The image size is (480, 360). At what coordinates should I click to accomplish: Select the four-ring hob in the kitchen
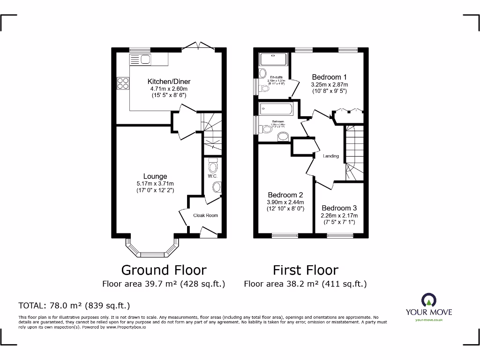(x=123, y=83)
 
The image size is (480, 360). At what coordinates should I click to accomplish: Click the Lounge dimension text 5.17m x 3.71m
(x=155, y=184)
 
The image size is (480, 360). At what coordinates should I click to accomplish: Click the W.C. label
(x=211, y=176)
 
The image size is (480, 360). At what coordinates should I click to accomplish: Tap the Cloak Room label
(x=205, y=216)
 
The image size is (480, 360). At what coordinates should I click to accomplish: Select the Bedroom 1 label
(x=330, y=77)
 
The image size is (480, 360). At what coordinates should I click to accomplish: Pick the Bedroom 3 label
(x=339, y=208)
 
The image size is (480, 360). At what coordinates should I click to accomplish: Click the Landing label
(x=331, y=156)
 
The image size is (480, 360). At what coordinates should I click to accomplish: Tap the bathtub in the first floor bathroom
(x=276, y=109)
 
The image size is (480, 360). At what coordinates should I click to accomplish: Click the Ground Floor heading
(x=164, y=270)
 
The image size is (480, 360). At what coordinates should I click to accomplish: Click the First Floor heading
(x=305, y=270)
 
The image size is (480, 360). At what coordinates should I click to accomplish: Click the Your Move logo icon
(x=428, y=300)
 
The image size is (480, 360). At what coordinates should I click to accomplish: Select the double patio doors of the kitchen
(x=198, y=46)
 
